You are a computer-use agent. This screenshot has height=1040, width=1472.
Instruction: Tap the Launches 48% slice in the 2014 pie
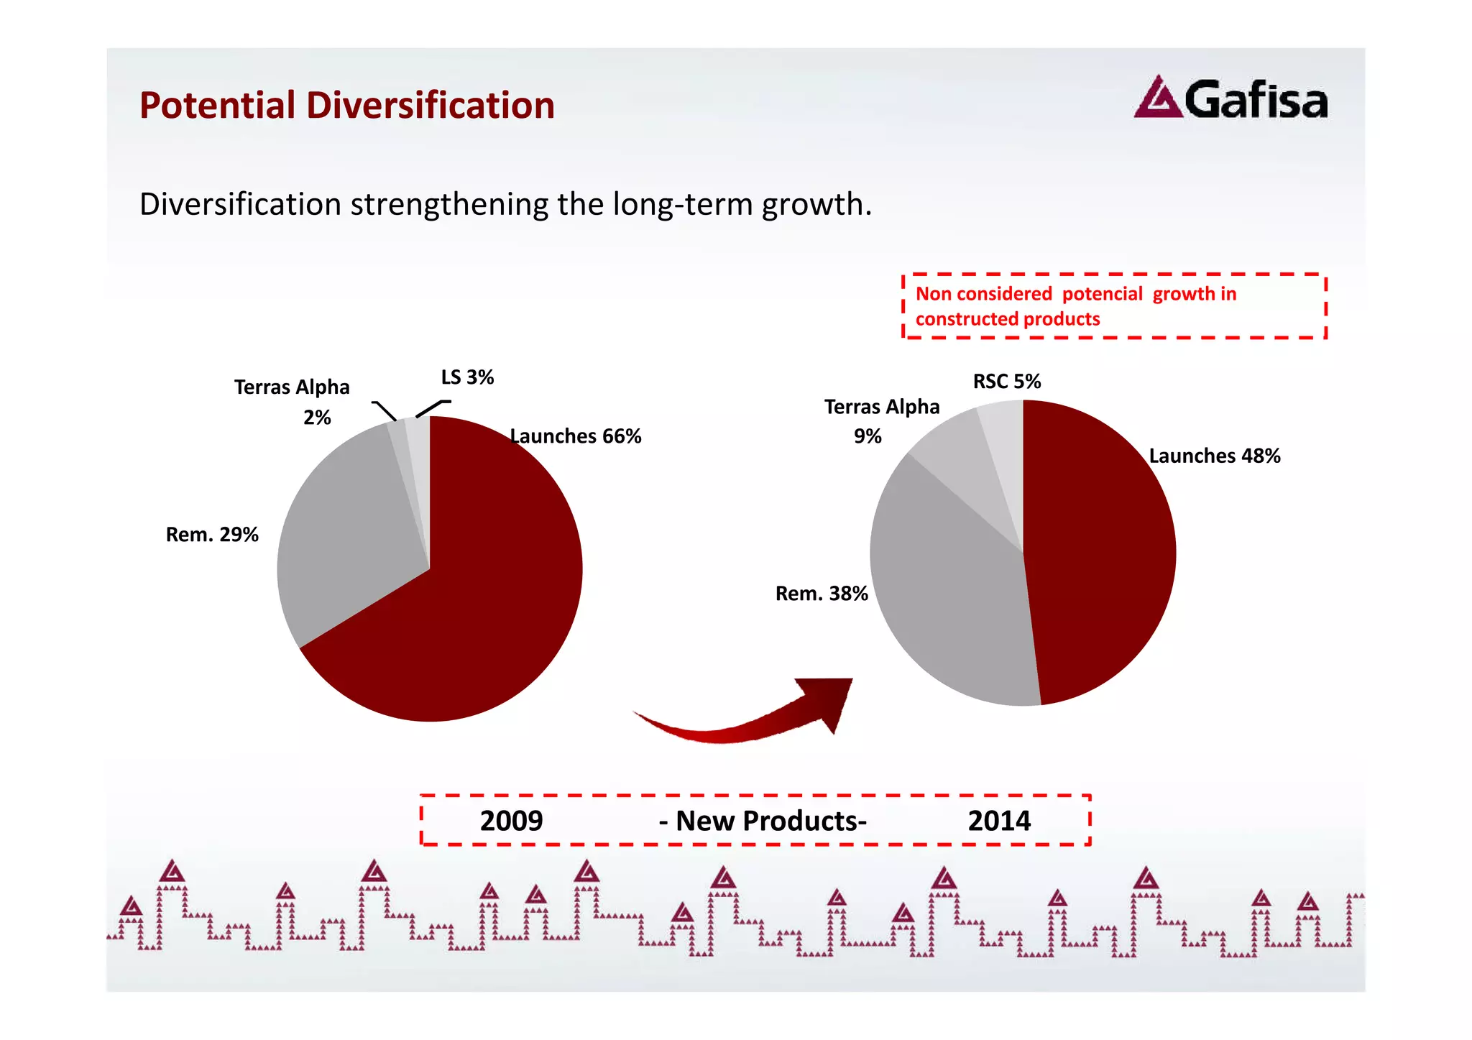pos(1100,546)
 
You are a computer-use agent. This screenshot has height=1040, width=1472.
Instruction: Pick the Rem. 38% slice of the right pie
pos(949,597)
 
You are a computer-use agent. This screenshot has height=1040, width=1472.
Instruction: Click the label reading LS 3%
pos(467,377)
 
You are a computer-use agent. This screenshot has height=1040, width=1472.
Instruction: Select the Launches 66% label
pos(576,436)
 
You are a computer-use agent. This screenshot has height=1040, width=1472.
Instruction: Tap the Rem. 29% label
pos(212,535)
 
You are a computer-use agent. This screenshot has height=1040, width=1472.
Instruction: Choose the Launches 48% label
pos(1215,456)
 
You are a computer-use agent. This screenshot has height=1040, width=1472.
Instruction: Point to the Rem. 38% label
pos(822,594)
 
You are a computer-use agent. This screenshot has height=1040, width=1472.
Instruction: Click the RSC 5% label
pos(1007,381)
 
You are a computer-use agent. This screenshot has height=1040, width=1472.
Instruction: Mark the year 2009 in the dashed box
pos(511,821)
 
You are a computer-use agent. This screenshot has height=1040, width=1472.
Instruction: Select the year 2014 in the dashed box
pos(999,821)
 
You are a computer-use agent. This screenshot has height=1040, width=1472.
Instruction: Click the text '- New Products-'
pos(763,821)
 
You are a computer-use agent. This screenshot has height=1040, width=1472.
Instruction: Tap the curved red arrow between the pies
pos(747,719)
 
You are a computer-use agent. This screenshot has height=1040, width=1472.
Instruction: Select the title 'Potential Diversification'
pos(347,105)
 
